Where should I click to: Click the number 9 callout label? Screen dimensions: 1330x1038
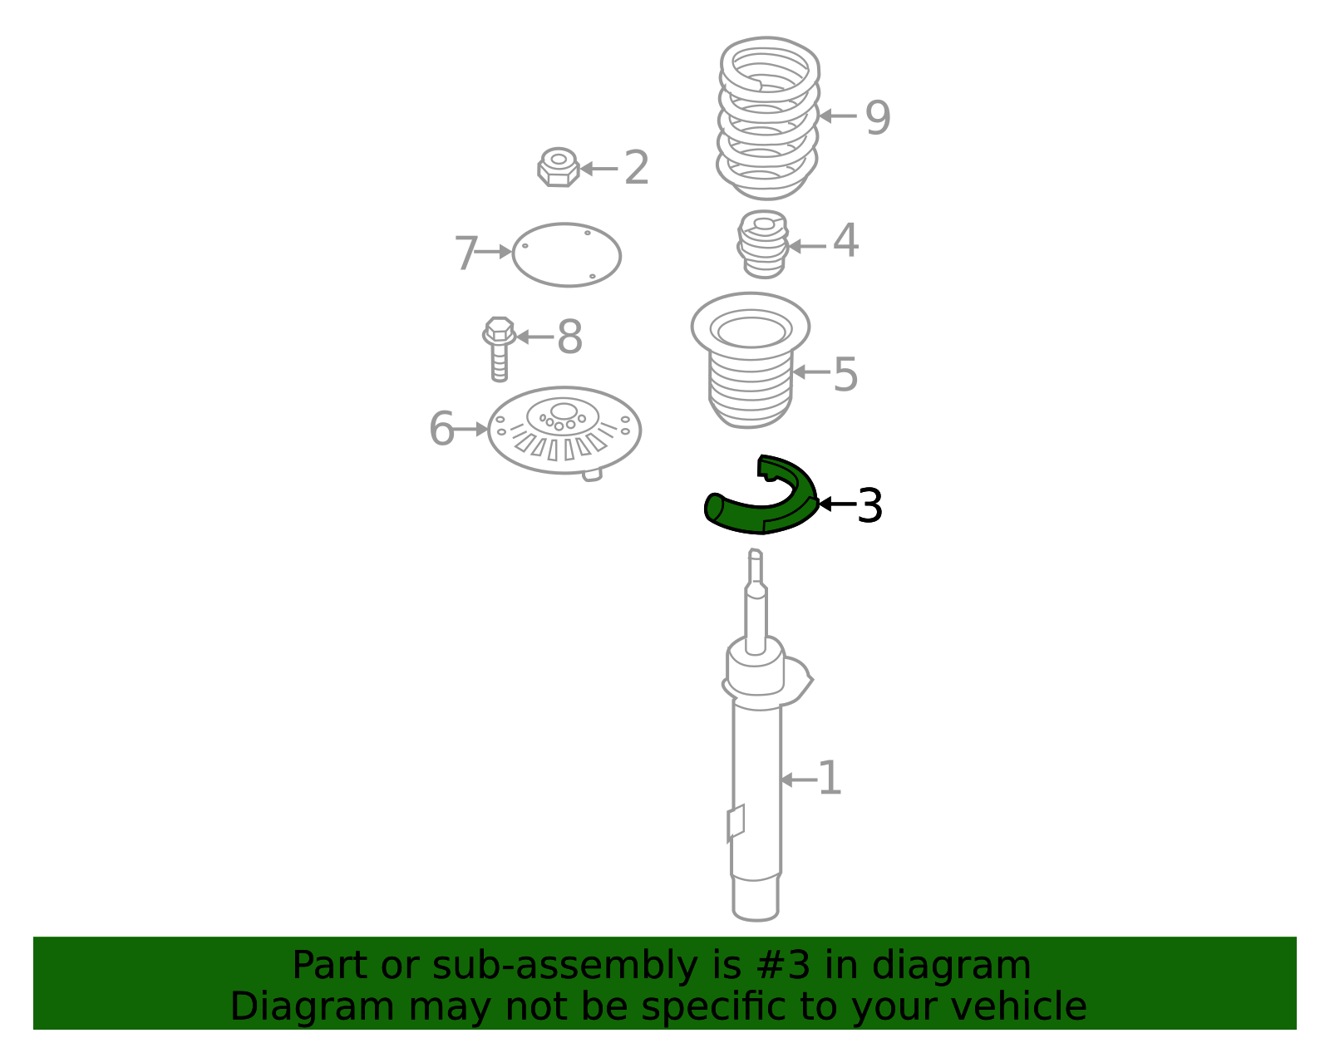[877, 117]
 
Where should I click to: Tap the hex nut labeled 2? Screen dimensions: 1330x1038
[559, 167]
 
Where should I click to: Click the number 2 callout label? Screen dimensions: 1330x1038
[636, 168]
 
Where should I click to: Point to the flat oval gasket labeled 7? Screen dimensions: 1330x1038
[566, 254]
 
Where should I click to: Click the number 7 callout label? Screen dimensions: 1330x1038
[465, 253]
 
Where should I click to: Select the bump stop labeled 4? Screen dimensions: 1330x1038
[762, 244]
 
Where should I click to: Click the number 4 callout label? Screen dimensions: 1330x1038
[846, 240]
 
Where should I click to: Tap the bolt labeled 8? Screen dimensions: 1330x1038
[499, 349]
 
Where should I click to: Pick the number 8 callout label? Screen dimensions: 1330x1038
[570, 337]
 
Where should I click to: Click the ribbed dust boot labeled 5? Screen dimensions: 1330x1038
[751, 361]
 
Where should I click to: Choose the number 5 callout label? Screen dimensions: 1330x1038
[845, 374]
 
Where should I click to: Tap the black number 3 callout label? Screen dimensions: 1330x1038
[869, 505]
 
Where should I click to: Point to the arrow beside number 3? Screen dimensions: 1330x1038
[837, 504]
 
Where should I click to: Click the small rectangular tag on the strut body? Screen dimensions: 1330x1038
[736, 823]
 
